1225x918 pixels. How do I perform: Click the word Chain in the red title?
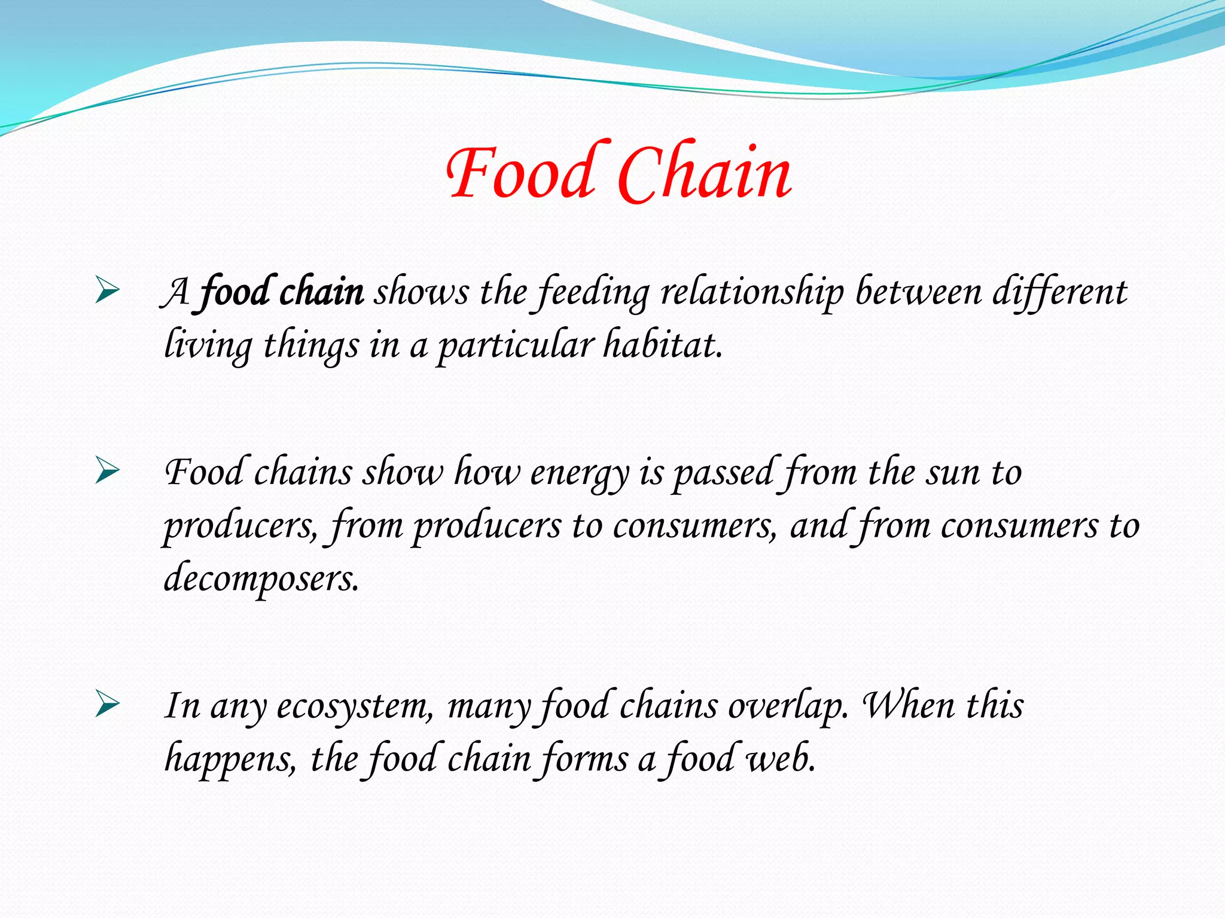(704, 173)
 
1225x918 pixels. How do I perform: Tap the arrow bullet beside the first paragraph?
(108, 292)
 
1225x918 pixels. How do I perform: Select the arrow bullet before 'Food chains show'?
(108, 472)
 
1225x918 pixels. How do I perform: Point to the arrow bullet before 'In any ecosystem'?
(108, 705)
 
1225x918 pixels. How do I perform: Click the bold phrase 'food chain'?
(281, 292)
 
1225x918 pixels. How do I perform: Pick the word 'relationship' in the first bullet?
(752, 292)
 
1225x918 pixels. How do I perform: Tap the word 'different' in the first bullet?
(1059, 292)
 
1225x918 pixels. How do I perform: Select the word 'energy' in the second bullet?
(579, 473)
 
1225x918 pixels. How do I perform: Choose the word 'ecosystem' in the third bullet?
(353, 706)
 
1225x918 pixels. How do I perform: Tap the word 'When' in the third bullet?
(908, 705)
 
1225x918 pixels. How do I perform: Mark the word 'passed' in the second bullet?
(725, 473)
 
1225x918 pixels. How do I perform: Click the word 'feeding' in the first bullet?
(593, 292)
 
